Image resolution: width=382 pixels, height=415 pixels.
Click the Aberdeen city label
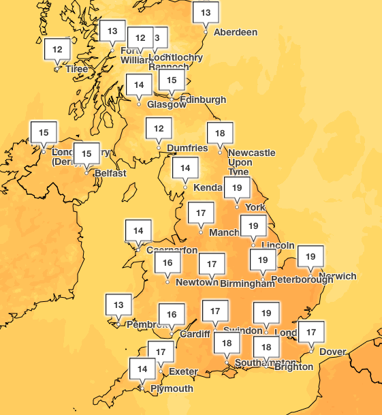pos(236,32)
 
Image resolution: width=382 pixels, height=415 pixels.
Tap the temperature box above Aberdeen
pos(206,12)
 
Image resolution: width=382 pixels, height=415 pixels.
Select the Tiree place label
pos(77,70)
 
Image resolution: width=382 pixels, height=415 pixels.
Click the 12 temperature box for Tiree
pos(58,49)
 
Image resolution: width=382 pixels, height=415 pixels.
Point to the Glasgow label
pos(166,105)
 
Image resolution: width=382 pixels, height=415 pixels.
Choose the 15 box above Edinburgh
pos(172,80)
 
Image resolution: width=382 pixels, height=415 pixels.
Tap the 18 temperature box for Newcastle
pos(220,133)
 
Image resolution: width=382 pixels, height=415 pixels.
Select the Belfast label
pos(110,173)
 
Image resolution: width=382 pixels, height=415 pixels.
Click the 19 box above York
pos(237,187)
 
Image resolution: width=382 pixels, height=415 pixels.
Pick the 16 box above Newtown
pos(168,262)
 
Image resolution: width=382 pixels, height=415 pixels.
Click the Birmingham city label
pos(242,283)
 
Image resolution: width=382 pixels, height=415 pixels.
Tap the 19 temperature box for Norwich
pos(311,256)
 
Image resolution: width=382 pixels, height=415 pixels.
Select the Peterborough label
pos(302,279)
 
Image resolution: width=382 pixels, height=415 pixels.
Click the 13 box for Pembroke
pos(118,305)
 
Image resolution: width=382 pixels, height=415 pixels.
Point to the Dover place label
pos(333,352)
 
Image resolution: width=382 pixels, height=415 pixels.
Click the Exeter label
pos(183,371)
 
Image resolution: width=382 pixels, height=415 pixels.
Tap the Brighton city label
pos(293,367)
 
